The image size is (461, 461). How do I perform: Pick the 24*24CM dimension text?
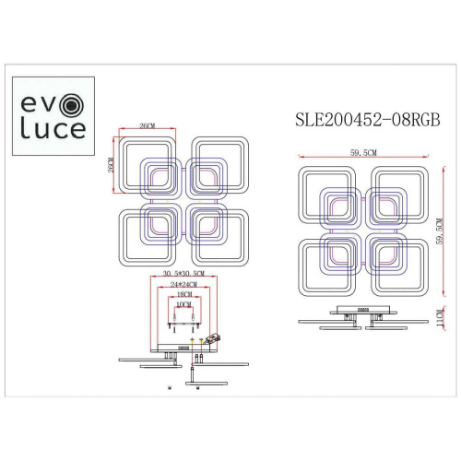[x=181, y=287]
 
